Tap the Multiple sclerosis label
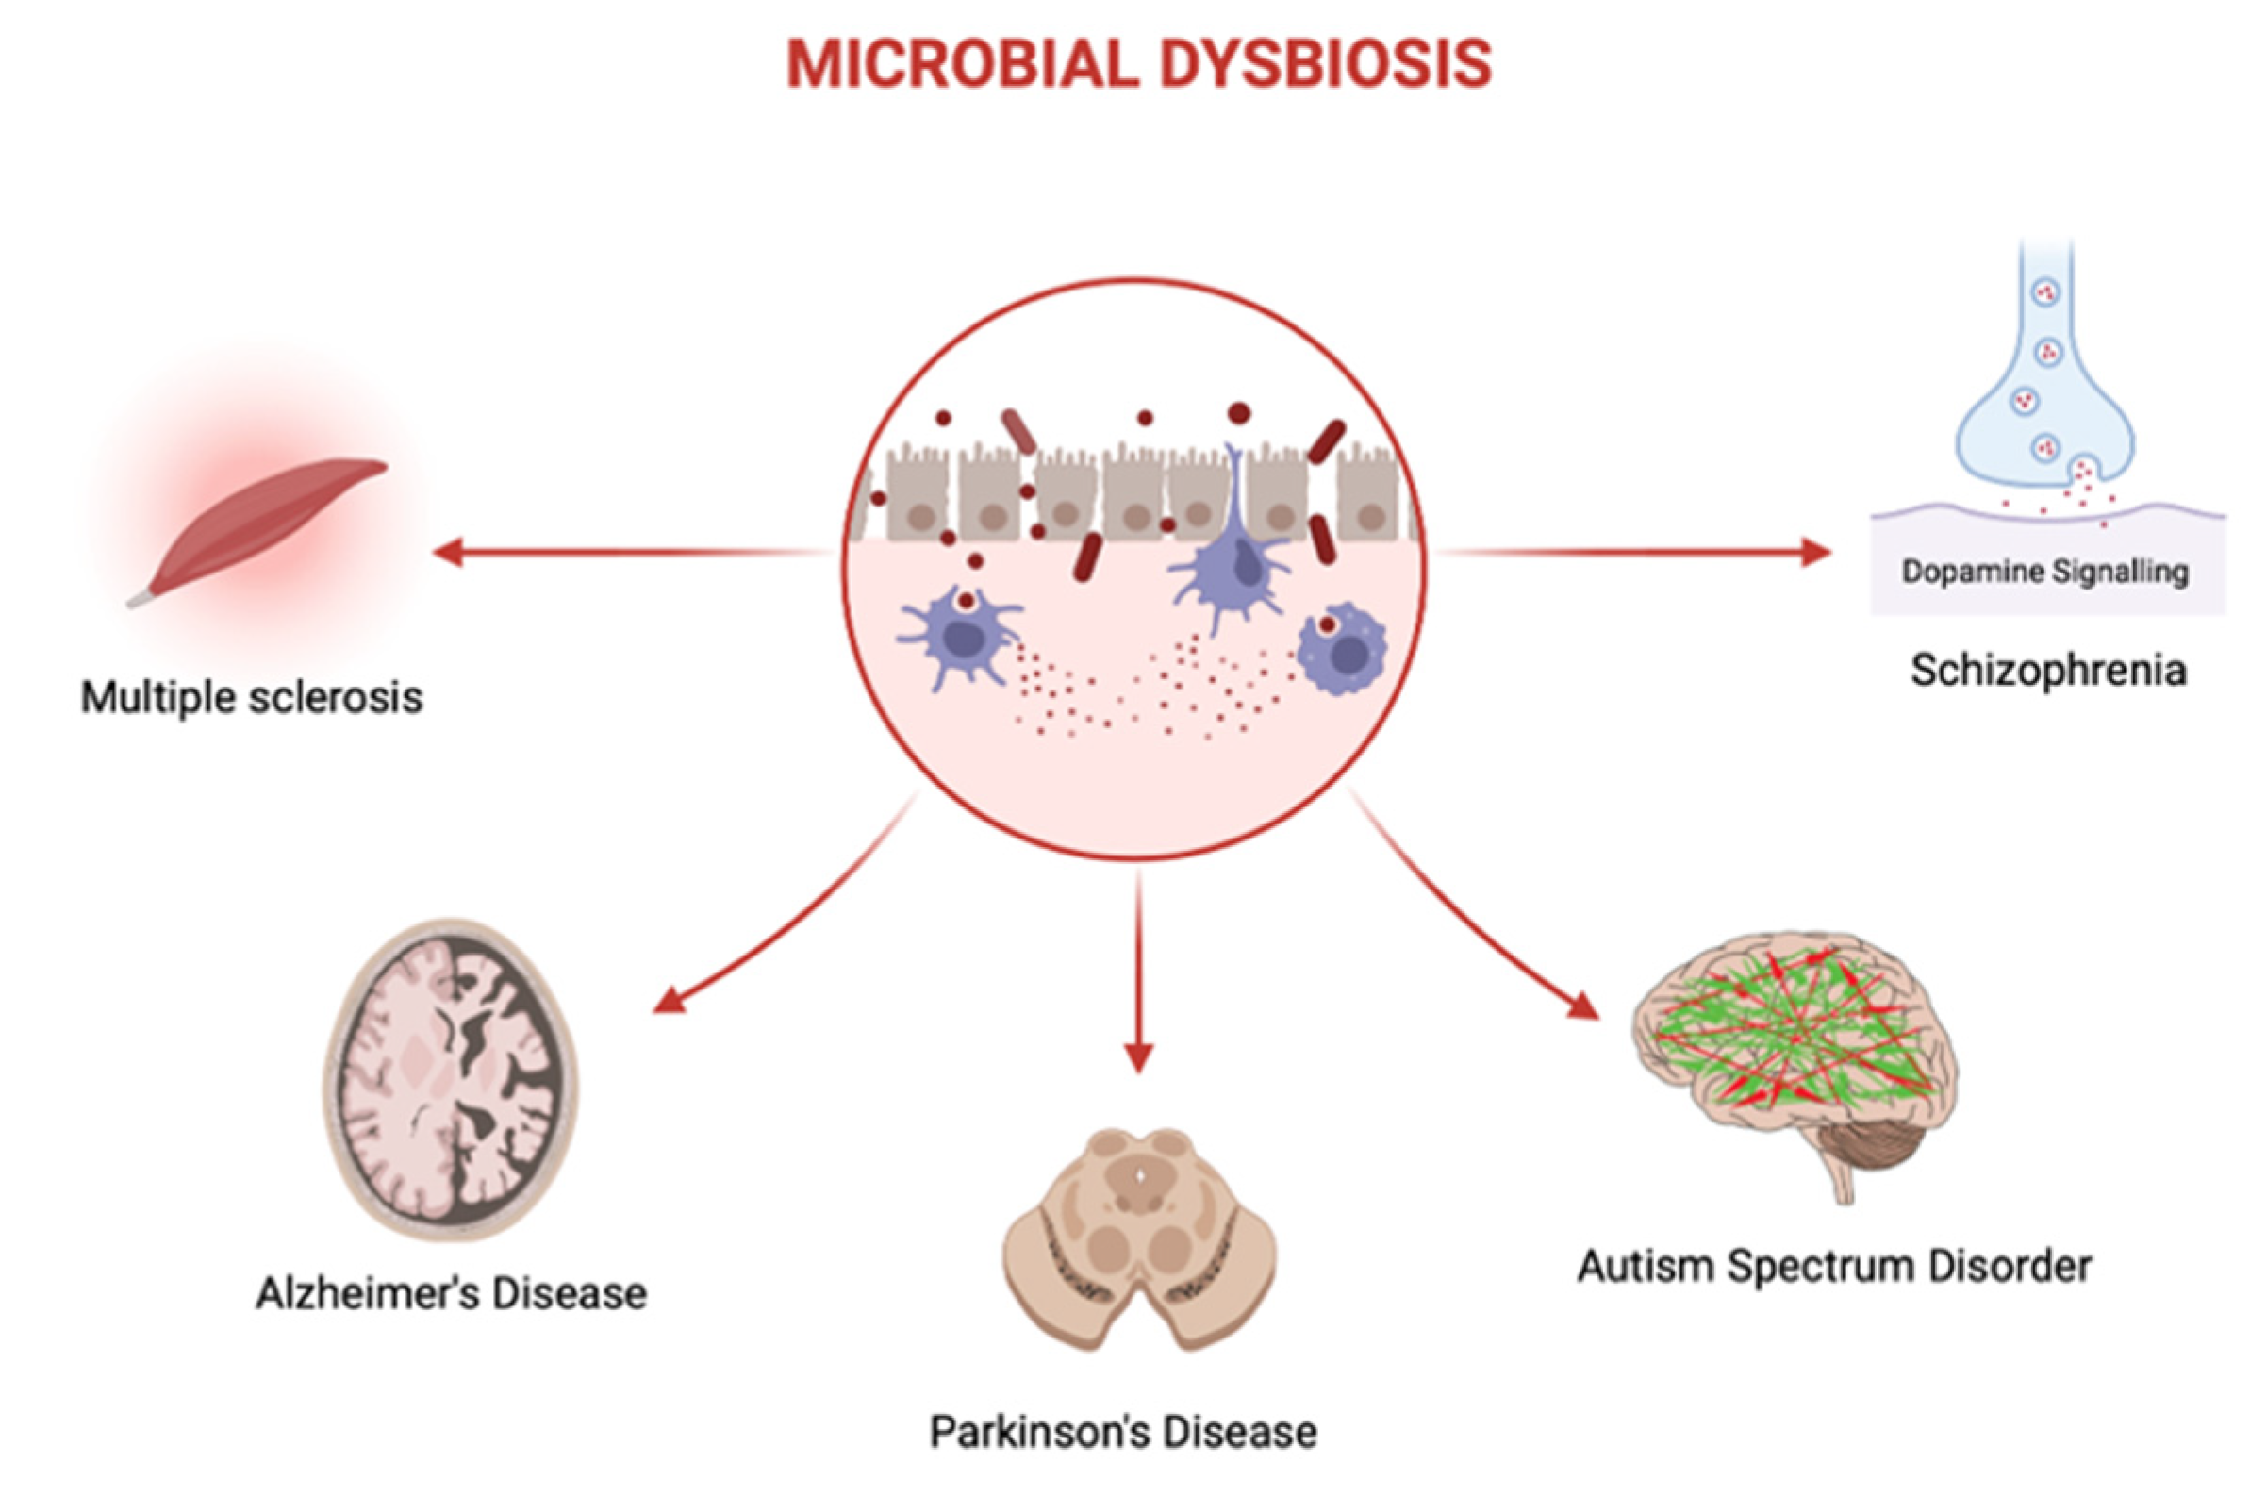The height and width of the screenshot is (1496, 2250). coord(252,697)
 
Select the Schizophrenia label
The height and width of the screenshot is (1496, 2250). coord(2048,670)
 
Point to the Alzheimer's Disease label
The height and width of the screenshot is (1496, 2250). coord(451,1294)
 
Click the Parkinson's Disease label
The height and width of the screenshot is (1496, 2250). coord(1123,1432)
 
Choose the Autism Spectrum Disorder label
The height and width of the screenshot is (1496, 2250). coord(1834,1267)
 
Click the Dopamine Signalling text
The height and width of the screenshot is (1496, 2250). coord(2045,572)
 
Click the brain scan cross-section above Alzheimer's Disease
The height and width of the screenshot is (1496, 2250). coord(450,1079)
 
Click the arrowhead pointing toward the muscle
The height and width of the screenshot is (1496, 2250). coord(448,552)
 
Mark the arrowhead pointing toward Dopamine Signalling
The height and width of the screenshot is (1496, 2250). coord(1816,552)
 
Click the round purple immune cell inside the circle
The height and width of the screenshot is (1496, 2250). coord(1343,649)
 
